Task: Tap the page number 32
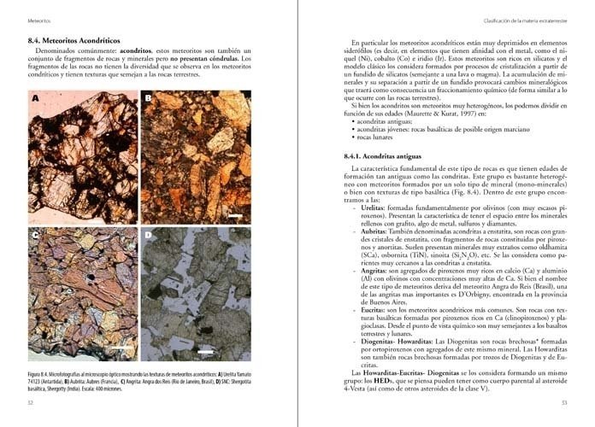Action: coord(31,402)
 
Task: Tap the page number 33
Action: coord(563,402)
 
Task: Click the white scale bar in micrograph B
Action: coord(233,218)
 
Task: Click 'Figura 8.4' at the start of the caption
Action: coord(42,374)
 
